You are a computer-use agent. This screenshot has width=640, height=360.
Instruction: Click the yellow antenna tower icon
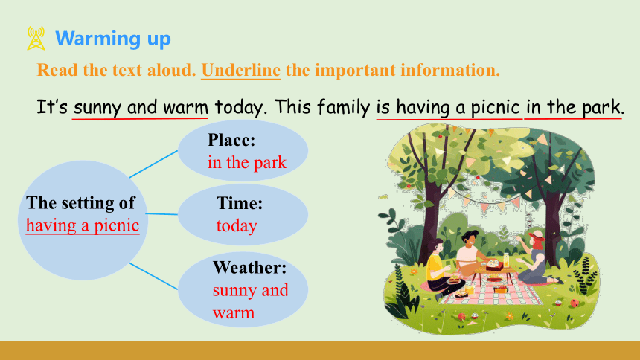(x=36, y=39)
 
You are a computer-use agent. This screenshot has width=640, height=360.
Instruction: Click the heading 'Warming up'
(x=113, y=39)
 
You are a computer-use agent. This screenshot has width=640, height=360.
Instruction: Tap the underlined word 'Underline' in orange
(x=241, y=70)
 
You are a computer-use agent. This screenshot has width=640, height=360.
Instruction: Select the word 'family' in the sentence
(x=343, y=107)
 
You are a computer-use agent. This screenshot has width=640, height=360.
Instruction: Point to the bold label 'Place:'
(x=231, y=140)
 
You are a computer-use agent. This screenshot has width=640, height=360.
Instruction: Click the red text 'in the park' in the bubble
(x=247, y=162)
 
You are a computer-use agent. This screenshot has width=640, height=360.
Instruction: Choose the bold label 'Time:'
(x=240, y=203)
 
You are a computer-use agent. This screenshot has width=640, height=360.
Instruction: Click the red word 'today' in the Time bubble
(x=237, y=225)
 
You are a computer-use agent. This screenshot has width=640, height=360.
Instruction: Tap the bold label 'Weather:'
(x=250, y=268)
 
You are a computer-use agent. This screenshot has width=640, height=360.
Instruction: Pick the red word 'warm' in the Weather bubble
(x=234, y=313)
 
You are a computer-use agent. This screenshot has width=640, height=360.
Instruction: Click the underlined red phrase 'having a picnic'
(x=83, y=225)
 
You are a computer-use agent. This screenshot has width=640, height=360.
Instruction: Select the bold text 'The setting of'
(x=80, y=203)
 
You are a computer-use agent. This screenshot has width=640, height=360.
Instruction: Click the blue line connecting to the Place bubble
(x=153, y=164)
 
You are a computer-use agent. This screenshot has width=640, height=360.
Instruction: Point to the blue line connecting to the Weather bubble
(x=153, y=277)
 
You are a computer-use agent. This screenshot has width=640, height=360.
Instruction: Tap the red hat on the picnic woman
(x=537, y=237)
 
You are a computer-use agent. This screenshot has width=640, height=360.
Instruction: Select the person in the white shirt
(x=470, y=252)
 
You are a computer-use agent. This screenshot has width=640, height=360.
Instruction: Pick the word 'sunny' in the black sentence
(x=97, y=108)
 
